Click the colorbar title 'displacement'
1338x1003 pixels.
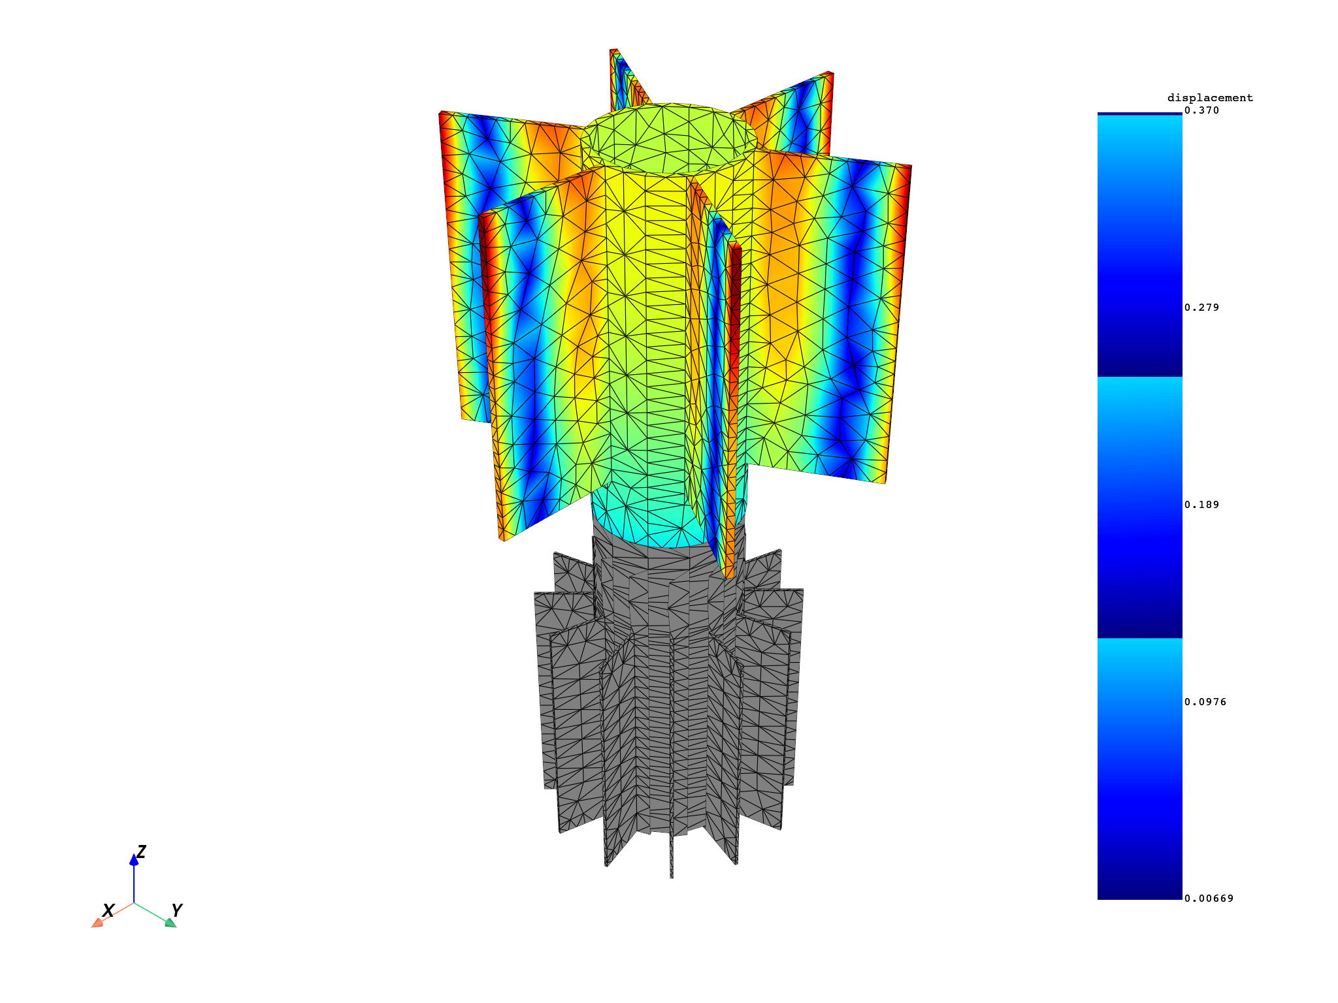click(x=1210, y=98)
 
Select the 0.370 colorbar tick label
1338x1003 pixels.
click(x=1201, y=110)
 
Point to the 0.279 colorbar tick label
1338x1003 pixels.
click(x=1201, y=308)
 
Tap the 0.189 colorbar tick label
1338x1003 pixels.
click(x=1201, y=505)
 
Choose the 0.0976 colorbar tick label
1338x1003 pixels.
click(x=1205, y=702)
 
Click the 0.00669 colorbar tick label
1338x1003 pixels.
click(x=1209, y=899)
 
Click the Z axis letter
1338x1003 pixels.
click(x=141, y=852)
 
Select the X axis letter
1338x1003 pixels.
click(x=108, y=910)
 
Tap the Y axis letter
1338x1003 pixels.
click(x=176, y=910)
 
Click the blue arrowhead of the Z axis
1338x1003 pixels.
click(x=134, y=860)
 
